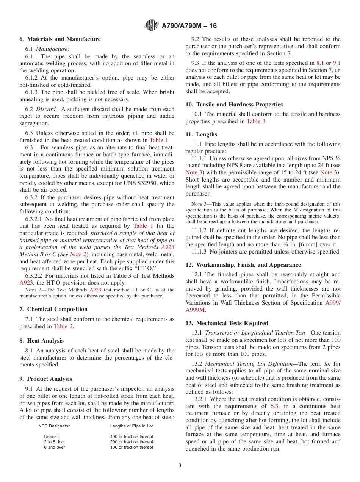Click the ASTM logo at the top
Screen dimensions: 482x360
pos(152,26)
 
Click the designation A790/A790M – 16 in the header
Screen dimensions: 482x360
pos(189,26)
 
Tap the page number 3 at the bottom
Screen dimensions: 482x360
pos(180,465)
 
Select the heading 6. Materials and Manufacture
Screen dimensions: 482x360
pos(60,39)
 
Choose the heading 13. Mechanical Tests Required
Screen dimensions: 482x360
pos(227,323)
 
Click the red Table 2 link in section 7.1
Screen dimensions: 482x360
pos(63,326)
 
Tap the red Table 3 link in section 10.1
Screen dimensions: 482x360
pos(256,121)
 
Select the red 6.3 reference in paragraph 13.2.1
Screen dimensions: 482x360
pos(274,406)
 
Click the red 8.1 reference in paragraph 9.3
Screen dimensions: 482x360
pos(320,63)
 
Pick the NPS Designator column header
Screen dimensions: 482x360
pos(54,426)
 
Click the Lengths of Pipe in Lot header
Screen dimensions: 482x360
pos(131,426)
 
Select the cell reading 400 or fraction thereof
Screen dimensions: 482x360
pos(131,437)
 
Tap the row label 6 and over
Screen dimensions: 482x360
pos(55,447)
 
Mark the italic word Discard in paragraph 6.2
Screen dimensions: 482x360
pos(45,109)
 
